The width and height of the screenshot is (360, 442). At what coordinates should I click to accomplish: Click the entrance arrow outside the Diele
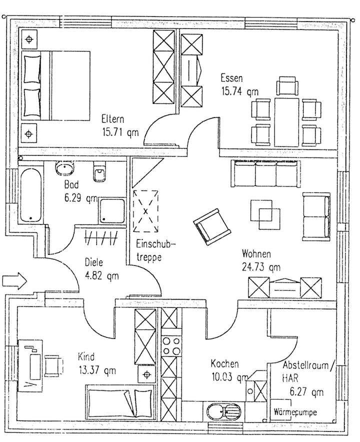pyautogui.click(x=13, y=280)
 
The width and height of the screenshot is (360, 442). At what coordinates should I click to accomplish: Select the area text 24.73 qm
pyautogui.click(x=260, y=266)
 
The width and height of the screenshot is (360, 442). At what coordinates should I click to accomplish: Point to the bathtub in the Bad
pyautogui.click(x=31, y=195)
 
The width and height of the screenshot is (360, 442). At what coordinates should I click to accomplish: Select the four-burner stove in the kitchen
pyautogui.click(x=170, y=345)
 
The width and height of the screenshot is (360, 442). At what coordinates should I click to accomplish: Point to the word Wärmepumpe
pyautogui.click(x=295, y=412)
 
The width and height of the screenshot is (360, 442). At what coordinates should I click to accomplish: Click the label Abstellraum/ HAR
pyautogui.click(x=305, y=371)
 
